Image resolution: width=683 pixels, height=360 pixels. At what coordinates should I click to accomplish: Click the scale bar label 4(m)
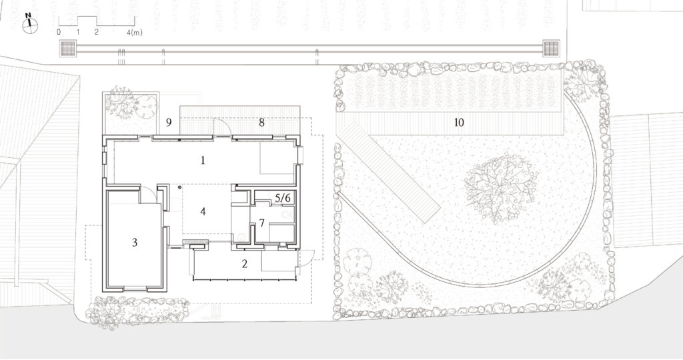(x=135, y=32)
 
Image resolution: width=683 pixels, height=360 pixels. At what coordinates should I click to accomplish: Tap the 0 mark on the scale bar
(x=59, y=32)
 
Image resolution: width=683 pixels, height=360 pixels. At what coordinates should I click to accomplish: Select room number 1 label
(x=203, y=160)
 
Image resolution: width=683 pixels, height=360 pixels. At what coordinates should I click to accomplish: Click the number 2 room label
(x=245, y=263)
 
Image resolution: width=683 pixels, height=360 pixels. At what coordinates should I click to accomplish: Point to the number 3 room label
(x=135, y=242)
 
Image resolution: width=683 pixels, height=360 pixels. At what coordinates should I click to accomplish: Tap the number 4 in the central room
(x=203, y=211)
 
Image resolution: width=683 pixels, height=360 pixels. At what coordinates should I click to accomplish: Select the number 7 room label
(x=261, y=223)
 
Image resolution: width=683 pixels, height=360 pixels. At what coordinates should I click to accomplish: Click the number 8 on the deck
(x=261, y=122)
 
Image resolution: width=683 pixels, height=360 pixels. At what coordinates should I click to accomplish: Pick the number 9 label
(x=169, y=122)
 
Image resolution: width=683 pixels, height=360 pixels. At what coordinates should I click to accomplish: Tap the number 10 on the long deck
(x=459, y=122)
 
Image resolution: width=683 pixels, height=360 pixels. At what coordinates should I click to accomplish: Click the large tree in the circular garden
(x=500, y=187)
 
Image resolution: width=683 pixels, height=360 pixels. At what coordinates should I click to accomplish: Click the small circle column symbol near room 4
(x=179, y=187)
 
